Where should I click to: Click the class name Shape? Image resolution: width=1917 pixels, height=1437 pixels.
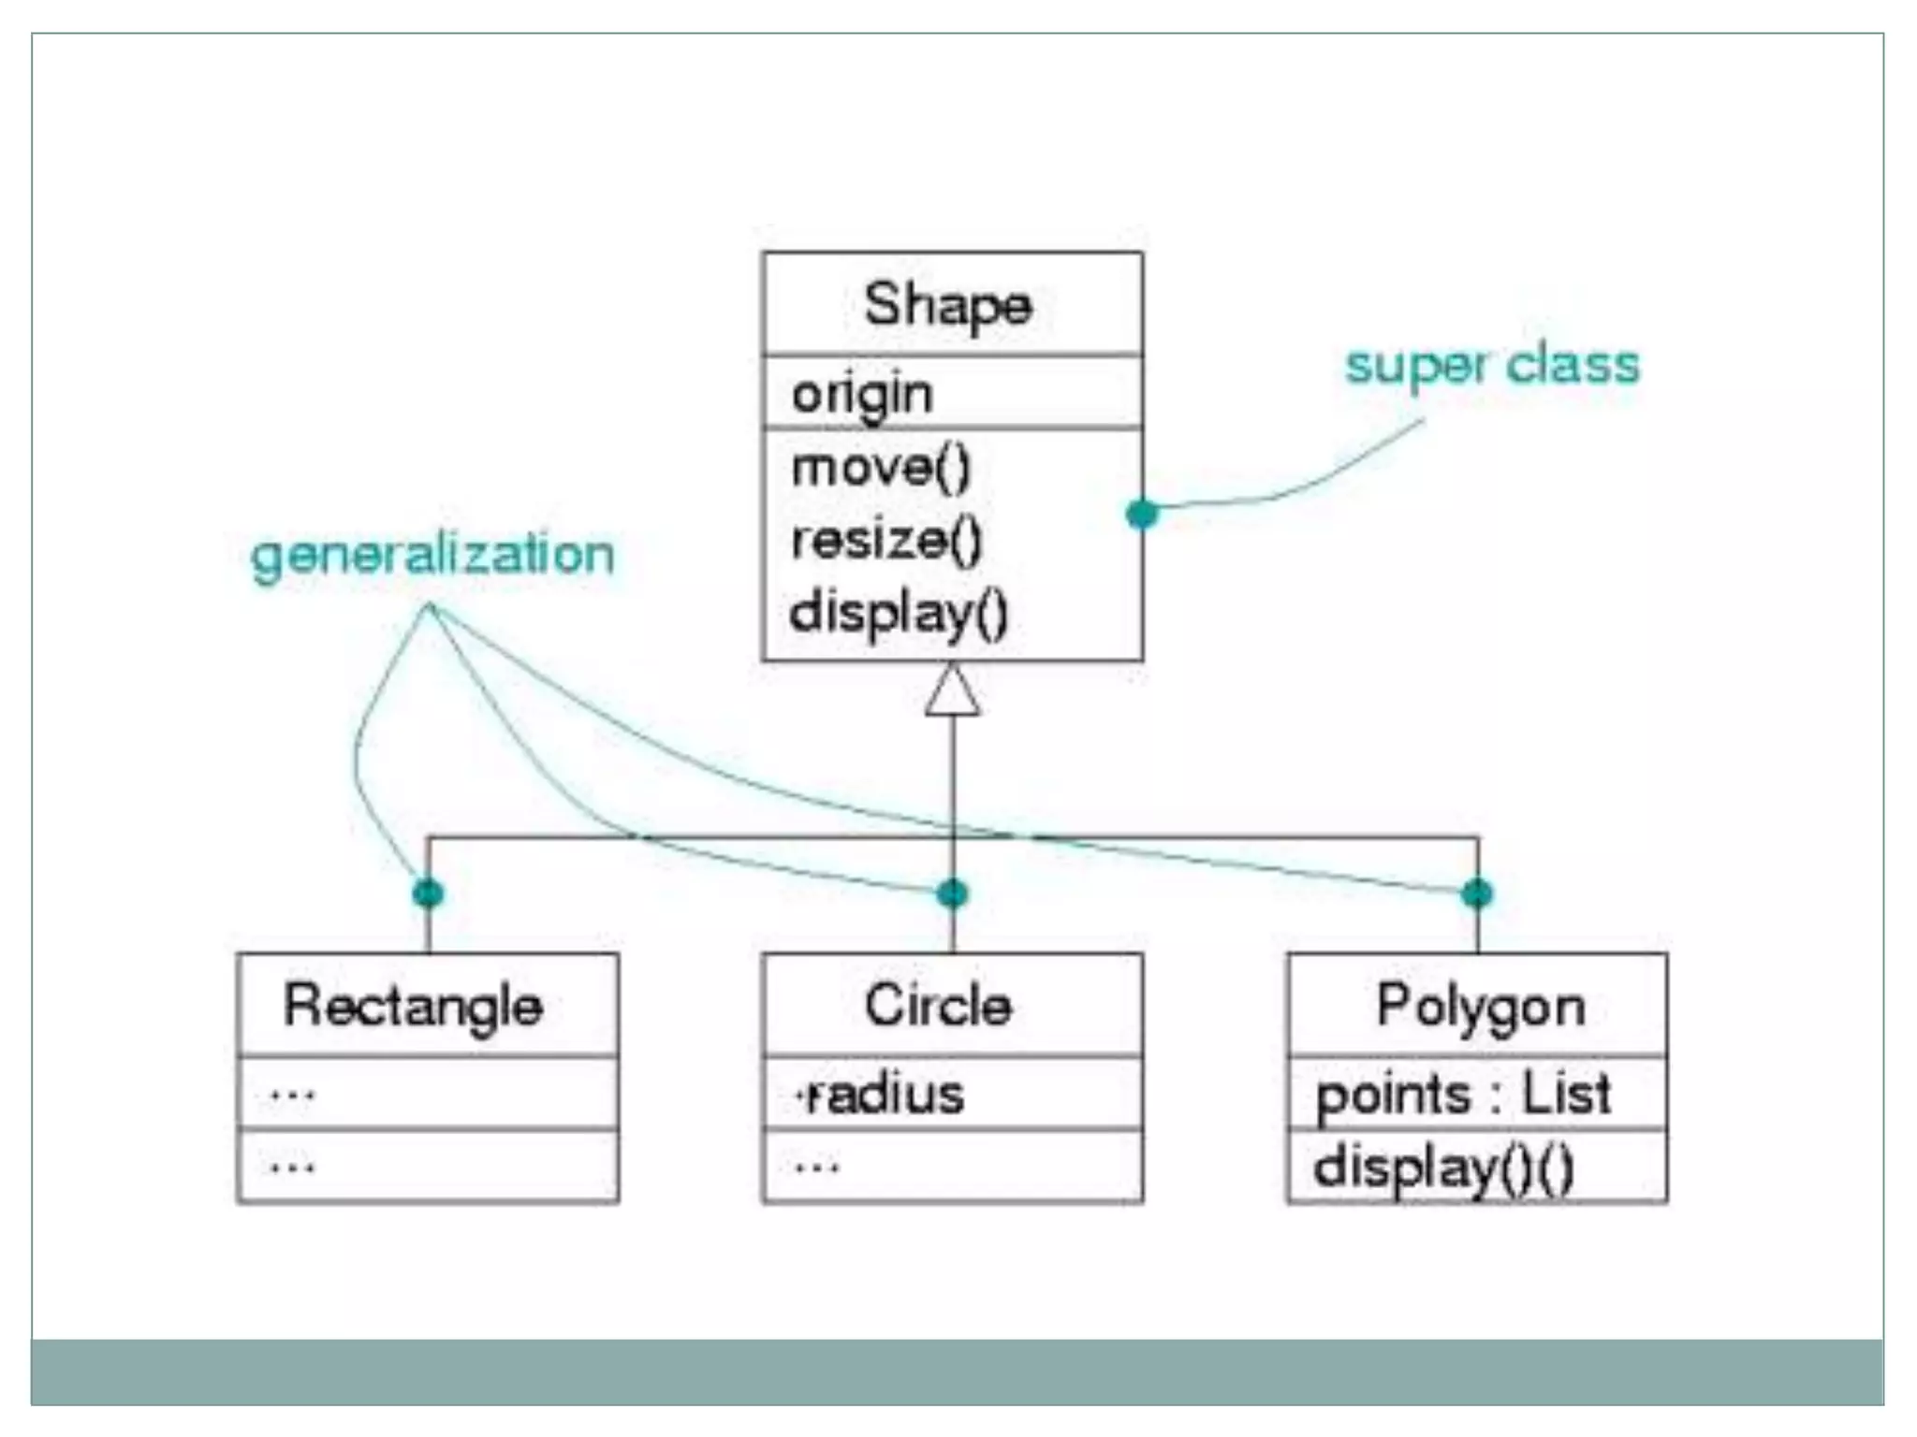(x=947, y=305)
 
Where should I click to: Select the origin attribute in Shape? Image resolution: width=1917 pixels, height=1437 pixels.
(x=862, y=394)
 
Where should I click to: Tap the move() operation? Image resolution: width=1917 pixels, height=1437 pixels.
(x=881, y=467)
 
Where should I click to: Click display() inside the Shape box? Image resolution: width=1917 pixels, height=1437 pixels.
(x=898, y=614)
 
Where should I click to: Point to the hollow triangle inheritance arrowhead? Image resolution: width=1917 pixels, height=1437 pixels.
(x=952, y=692)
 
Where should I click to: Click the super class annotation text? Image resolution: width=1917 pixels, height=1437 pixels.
(x=1492, y=365)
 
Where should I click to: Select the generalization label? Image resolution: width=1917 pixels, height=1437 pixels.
(x=432, y=555)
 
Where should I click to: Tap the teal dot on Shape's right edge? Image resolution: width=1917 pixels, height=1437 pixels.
(x=1142, y=513)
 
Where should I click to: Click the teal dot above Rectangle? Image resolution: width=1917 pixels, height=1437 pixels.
(x=428, y=893)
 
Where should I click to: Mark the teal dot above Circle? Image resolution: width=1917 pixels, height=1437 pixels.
(x=952, y=893)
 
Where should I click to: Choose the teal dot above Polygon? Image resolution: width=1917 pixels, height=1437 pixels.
(x=1477, y=893)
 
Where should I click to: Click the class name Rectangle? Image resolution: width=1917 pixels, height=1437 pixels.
(x=413, y=1006)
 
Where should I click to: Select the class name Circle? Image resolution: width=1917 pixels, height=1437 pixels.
(x=938, y=1006)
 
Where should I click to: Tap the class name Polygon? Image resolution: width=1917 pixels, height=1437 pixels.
(x=1481, y=1006)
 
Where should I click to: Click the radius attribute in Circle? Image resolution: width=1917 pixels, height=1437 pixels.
(x=882, y=1094)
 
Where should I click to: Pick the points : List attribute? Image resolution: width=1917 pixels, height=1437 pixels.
(x=1463, y=1094)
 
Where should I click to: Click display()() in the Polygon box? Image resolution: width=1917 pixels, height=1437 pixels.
(x=1443, y=1168)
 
